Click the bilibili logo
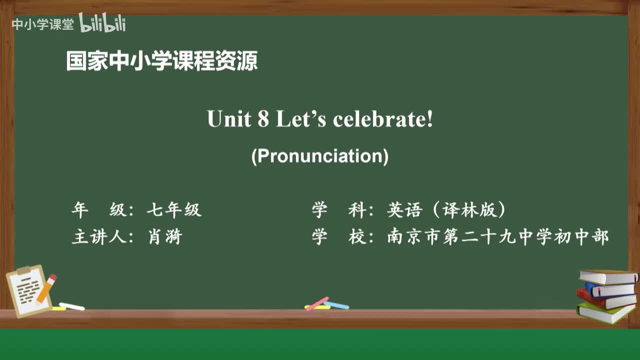point(102,23)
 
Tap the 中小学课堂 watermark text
point(42,24)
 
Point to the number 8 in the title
point(263,119)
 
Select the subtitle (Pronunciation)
point(320,156)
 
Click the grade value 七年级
point(174,210)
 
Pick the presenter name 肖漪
point(165,236)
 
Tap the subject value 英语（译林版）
point(446,210)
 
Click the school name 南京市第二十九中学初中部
point(498,236)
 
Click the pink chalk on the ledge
point(317,303)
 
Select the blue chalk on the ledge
point(336,305)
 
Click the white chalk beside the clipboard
point(71,306)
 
